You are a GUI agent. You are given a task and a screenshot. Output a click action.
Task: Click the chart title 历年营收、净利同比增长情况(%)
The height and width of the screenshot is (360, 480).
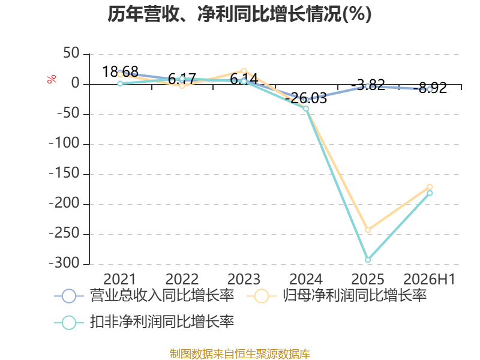[239, 14]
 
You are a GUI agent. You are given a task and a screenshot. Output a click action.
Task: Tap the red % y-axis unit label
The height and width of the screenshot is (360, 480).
[52, 79]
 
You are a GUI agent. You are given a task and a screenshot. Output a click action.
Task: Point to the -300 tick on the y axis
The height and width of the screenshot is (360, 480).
[64, 263]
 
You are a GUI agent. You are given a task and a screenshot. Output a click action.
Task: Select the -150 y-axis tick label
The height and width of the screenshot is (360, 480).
[64, 173]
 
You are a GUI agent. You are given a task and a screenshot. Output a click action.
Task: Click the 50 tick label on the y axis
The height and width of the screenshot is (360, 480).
[71, 53]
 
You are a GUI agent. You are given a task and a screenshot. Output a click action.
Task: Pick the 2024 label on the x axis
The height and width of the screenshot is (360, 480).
[306, 279]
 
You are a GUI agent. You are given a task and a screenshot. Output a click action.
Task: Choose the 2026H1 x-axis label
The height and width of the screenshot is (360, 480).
[430, 279]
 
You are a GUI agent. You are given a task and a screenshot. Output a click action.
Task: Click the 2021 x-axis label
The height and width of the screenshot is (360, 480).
[119, 279]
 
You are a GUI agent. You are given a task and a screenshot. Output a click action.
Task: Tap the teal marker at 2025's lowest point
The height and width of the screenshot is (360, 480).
[368, 260]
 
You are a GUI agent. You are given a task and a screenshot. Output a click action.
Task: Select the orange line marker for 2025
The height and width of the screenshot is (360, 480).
[368, 230]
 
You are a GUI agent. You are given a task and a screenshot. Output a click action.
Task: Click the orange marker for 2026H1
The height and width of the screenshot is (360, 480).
[430, 187]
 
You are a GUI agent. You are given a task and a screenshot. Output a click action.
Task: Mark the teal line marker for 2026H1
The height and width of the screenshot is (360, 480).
[430, 193]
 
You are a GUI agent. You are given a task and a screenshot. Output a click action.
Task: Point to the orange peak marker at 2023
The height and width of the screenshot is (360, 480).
[244, 71]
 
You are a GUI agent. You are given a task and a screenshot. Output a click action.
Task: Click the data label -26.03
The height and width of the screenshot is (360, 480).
[306, 98]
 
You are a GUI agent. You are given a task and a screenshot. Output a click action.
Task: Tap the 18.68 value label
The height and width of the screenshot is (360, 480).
[120, 71]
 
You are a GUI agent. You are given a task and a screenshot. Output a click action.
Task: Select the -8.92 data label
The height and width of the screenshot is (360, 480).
[430, 88]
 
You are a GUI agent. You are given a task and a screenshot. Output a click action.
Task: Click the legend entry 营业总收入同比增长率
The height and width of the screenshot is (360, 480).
[144, 296]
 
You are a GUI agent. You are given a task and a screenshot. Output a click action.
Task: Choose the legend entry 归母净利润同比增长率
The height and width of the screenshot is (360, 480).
[337, 296]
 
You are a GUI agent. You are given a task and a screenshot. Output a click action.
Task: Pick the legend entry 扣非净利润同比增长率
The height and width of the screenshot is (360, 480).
[144, 322]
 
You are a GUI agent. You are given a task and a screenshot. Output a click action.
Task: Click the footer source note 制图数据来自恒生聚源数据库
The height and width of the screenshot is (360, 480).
[240, 353]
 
